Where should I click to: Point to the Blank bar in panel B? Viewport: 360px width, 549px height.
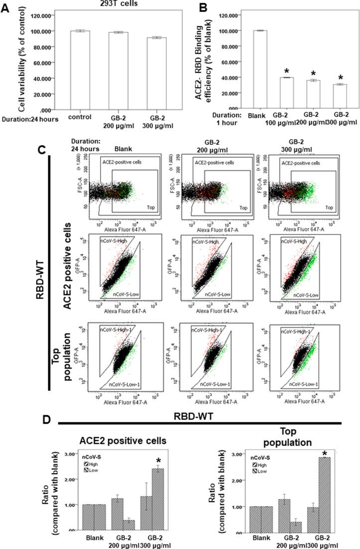tap(260, 69)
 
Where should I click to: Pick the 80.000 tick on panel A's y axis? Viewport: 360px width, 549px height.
tap(43, 47)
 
